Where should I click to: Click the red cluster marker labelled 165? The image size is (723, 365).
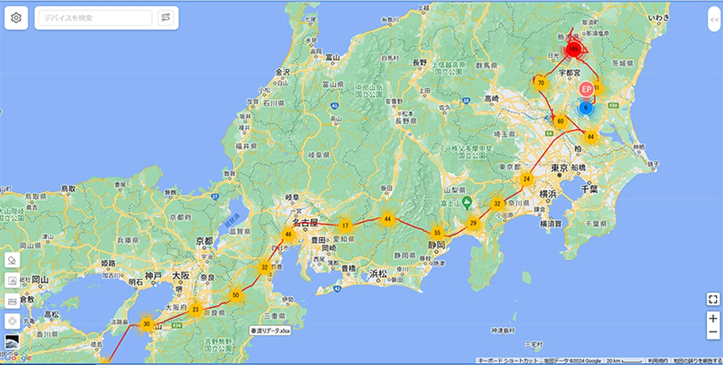tap(574, 48)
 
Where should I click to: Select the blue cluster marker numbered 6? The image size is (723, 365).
tap(585, 108)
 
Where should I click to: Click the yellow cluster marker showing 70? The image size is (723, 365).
tap(541, 83)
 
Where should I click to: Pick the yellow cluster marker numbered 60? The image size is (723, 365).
tap(560, 121)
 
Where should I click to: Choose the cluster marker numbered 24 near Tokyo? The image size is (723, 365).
tap(527, 179)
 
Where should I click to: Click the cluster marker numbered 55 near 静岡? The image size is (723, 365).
tap(437, 232)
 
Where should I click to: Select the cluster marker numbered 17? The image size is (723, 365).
tap(345, 226)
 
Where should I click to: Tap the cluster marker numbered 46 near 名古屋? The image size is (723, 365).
tap(289, 234)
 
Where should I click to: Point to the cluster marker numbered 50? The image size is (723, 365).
tap(236, 295)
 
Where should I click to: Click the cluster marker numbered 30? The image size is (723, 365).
tap(146, 323)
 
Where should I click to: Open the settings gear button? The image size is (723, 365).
tap(16, 18)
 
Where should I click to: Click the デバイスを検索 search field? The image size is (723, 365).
tap(95, 18)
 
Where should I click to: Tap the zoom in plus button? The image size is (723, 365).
tap(713, 319)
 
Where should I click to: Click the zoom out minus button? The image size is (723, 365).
tap(713, 332)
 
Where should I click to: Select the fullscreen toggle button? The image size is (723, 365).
tap(713, 299)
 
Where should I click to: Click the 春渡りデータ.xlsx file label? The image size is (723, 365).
tap(270, 331)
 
